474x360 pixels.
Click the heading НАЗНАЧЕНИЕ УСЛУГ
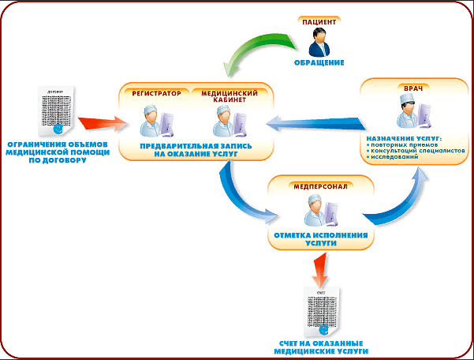(x=404, y=139)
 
